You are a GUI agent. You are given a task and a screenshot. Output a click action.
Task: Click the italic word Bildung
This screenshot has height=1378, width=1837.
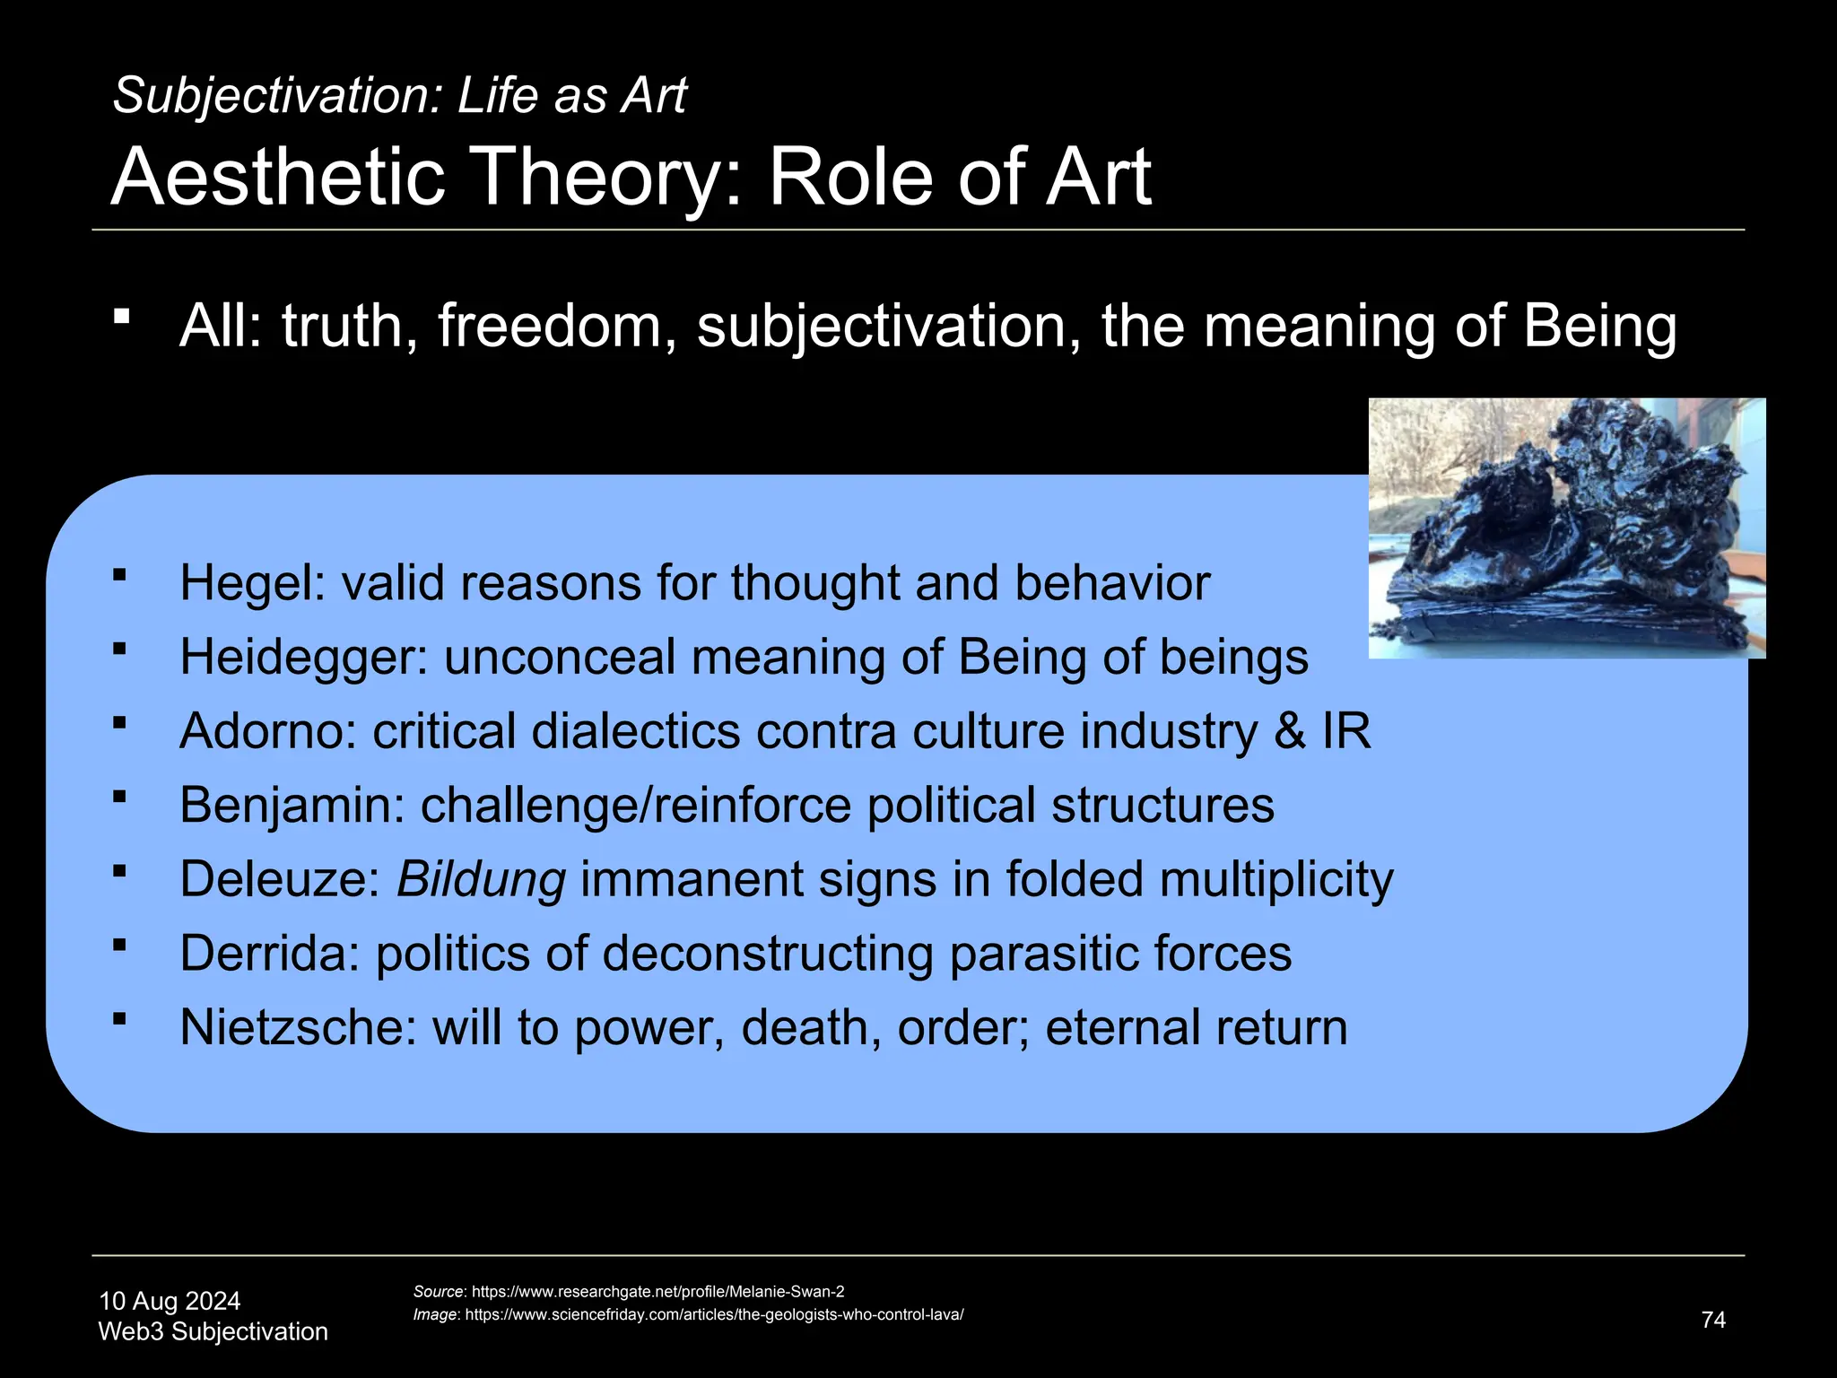[481, 880]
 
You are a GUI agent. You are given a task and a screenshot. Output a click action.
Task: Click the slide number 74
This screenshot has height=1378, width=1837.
[1713, 1320]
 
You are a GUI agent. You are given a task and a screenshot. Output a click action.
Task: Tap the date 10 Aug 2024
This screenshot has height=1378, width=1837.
[170, 1301]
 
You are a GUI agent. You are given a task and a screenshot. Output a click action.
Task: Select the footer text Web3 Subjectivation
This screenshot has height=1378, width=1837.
[213, 1331]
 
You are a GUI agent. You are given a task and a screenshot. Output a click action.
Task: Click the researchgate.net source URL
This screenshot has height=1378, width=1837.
[657, 1292]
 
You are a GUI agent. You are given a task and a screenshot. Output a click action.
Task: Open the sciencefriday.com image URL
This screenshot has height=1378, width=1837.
[714, 1315]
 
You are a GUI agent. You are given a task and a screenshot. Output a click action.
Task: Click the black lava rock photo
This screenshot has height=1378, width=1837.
[1566, 528]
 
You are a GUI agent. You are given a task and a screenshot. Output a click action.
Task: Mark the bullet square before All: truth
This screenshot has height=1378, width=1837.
[122, 316]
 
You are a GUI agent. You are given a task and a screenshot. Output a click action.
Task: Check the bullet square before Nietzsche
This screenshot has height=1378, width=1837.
[120, 1018]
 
